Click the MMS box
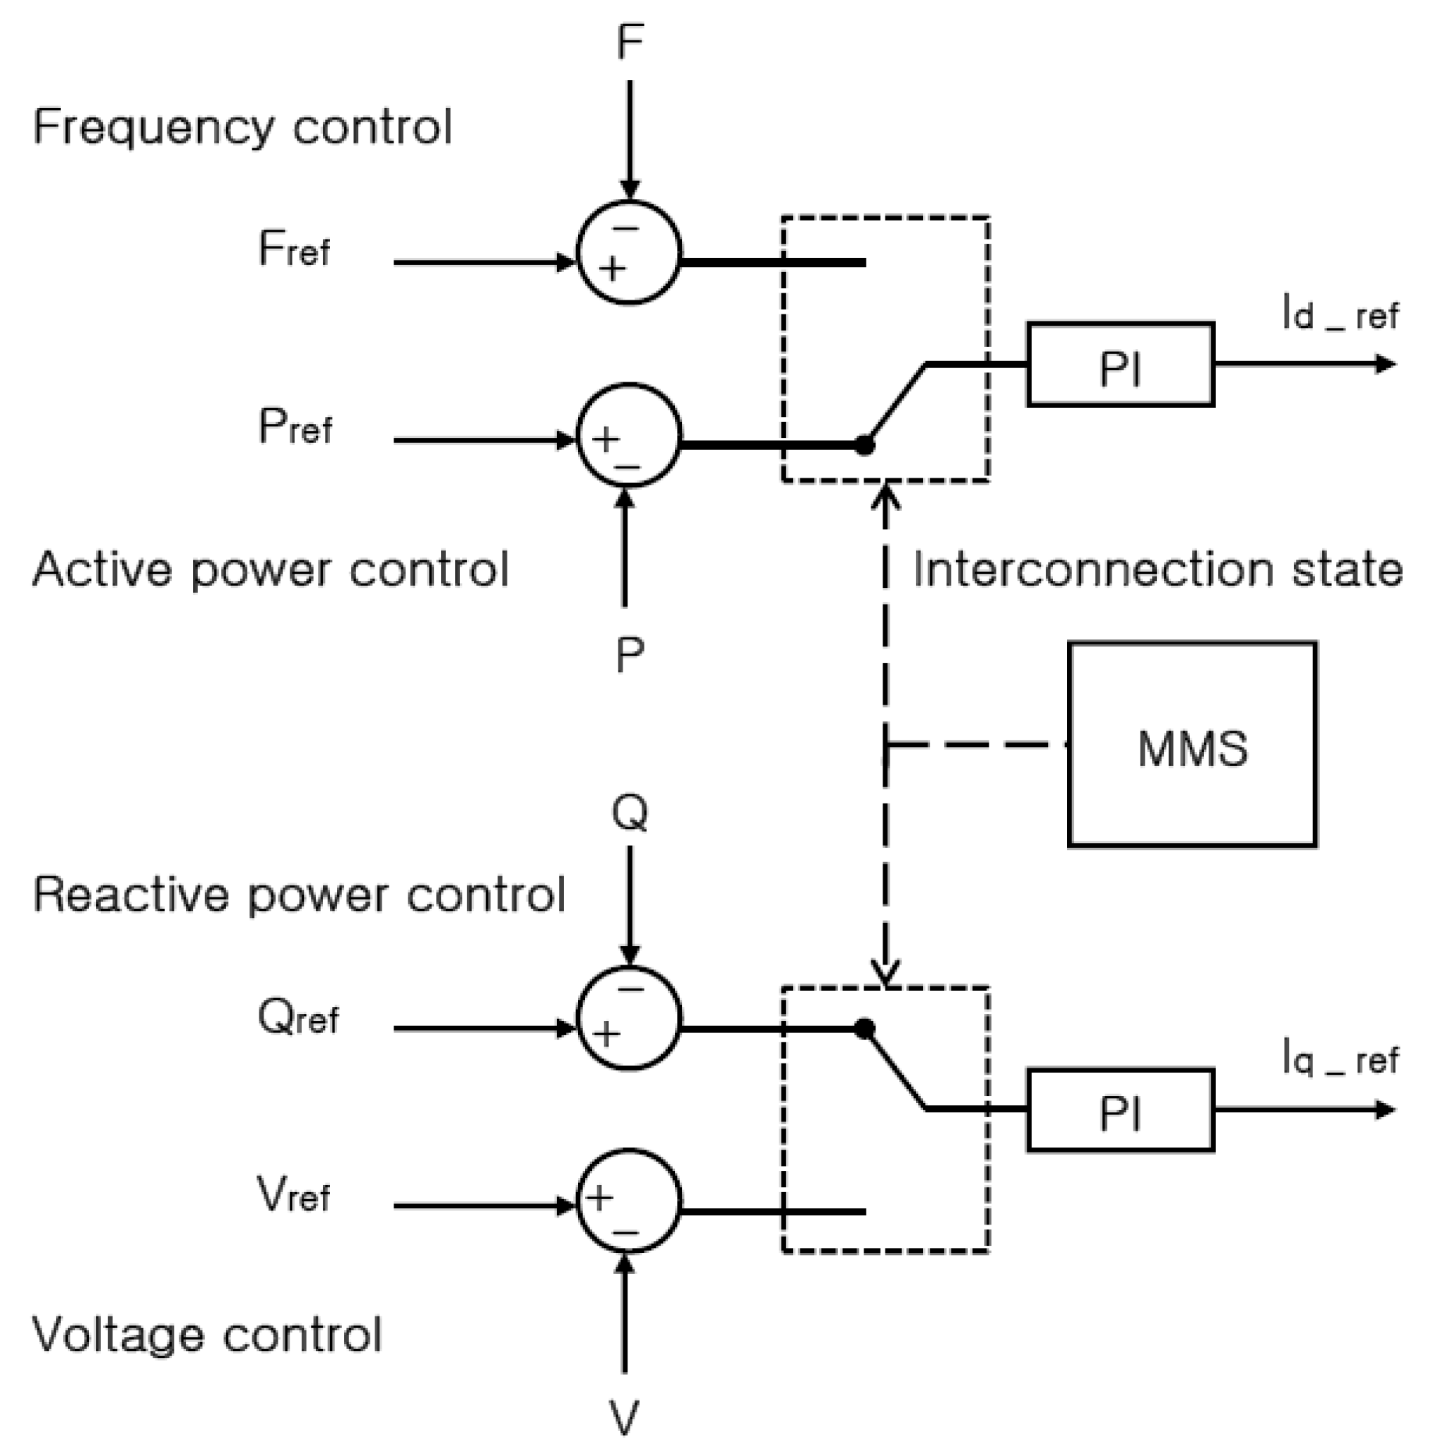[1191, 744]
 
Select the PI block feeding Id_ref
[1120, 365]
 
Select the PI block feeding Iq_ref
[1120, 1109]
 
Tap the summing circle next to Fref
[629, 252]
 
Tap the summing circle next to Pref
[629, 436]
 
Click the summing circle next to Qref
[629, 1018]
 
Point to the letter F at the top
[630, 42]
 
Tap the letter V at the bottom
[624, 1417]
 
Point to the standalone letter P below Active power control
[630, 654]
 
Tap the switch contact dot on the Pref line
[864, 445]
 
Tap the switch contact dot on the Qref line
[864, 1028]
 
